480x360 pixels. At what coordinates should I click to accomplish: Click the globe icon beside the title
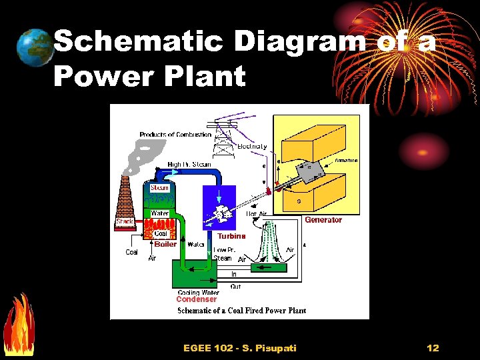coord(35,47)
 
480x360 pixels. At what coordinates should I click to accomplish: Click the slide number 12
coord(433,348)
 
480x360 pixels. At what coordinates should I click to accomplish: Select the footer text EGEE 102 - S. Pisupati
coord(239,348)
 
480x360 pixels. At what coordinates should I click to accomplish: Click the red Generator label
coord(323,220)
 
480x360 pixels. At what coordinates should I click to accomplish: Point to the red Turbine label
coord(231,236)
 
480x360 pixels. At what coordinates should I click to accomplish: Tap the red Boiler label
coord(165,244)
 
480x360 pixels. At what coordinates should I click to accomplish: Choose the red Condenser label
coord(197,300)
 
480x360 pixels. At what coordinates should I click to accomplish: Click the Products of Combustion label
coord(175,135)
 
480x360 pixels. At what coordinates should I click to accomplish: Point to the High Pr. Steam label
coord(190,164)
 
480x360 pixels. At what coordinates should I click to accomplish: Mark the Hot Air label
coord(257,214)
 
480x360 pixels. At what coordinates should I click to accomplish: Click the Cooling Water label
coord(198,293)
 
